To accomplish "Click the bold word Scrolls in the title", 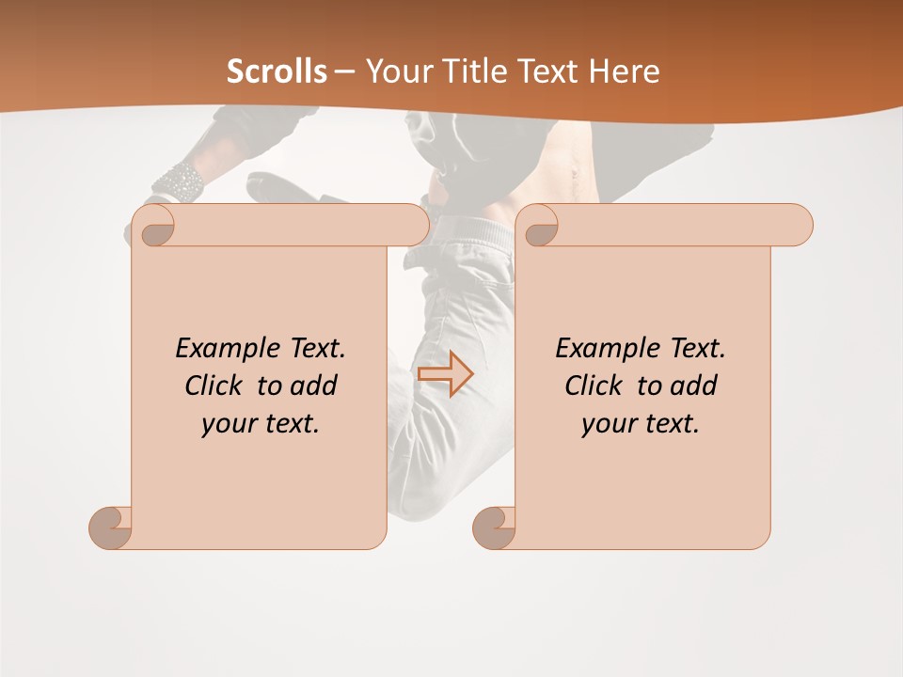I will click(277, 71).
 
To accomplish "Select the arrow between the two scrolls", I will click(445, 374).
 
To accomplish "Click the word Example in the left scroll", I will click(218, 348).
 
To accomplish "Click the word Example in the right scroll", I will click(598, 348).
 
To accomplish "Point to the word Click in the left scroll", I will click(216, 386).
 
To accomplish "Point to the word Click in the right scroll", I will click(596, 386).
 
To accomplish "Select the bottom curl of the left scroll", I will click(110, 527).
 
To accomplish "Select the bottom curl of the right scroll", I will click(494, 527).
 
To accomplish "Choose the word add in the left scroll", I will click(312, 386).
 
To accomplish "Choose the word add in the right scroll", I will click(692, 386).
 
